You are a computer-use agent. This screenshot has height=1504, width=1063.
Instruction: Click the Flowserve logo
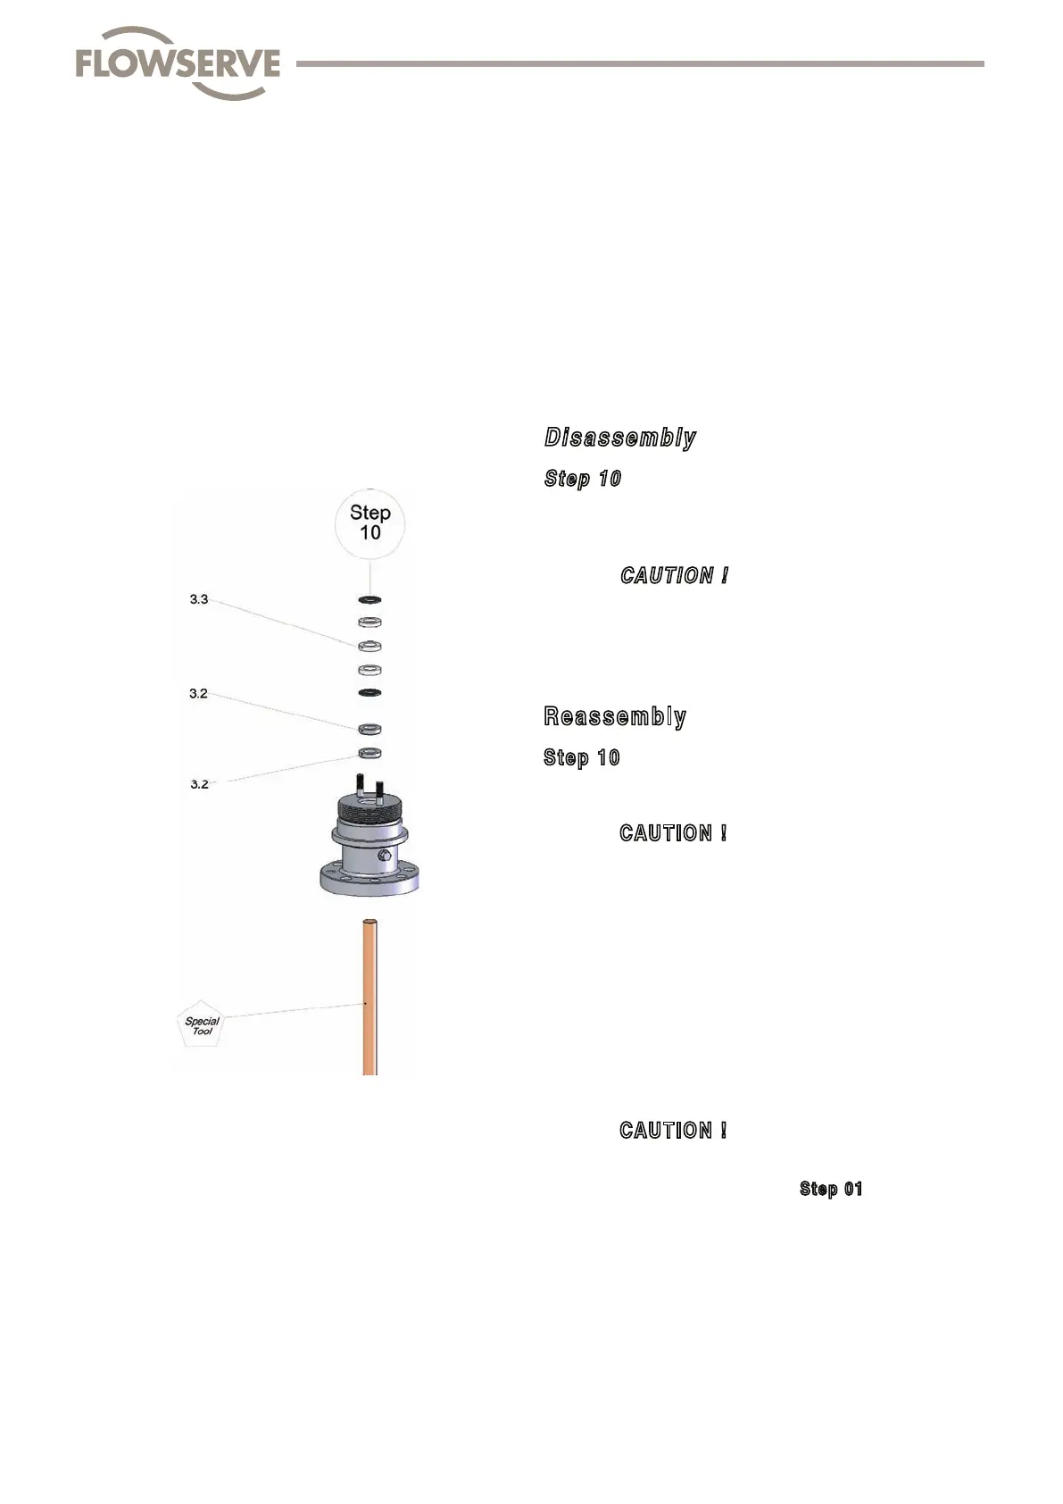pyautogui.click(x=178, y=63)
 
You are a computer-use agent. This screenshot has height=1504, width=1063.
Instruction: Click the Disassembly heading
pyautogui.click(x=620, y=438)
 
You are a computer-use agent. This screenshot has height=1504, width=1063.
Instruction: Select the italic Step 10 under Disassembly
pyautogui.click(x=583, y=479)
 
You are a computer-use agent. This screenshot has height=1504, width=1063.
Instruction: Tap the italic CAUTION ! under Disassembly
pyautogui.click(x=675, y=576)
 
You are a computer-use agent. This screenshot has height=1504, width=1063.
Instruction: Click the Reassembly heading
pyautogui.click(x=615, y=717)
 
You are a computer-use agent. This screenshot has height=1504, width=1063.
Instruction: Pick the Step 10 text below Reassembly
pyautogui.click(x=582, y=758)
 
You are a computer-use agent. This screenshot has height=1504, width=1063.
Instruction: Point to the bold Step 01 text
pyautogui.click(x=831, y=1189)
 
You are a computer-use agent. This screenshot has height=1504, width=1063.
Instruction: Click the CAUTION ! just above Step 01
pyautogui.click(x=674, y=1131)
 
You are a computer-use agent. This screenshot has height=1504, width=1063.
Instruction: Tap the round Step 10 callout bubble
pyautogui.click(x=370, y=522)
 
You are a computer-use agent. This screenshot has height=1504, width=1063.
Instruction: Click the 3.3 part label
pyautogui.click(x=198, y=599)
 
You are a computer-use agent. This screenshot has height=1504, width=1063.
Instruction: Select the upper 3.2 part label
pyautogui.click(x=198, y=693)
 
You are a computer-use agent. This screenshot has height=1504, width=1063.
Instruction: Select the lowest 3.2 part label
pyautogui.click(x=199, y=784)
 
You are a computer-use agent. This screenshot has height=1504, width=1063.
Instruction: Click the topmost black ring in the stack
pyautogui.click(x=370, y=598)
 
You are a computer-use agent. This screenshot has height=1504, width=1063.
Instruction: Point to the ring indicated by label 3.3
pyautogui.click(x=370, y=645)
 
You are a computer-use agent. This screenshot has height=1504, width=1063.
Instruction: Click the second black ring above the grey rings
pyautogui.click(x=370, y=693)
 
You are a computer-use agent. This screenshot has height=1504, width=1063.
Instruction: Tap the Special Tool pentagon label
pyautogui.click(x=202, y=1025)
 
